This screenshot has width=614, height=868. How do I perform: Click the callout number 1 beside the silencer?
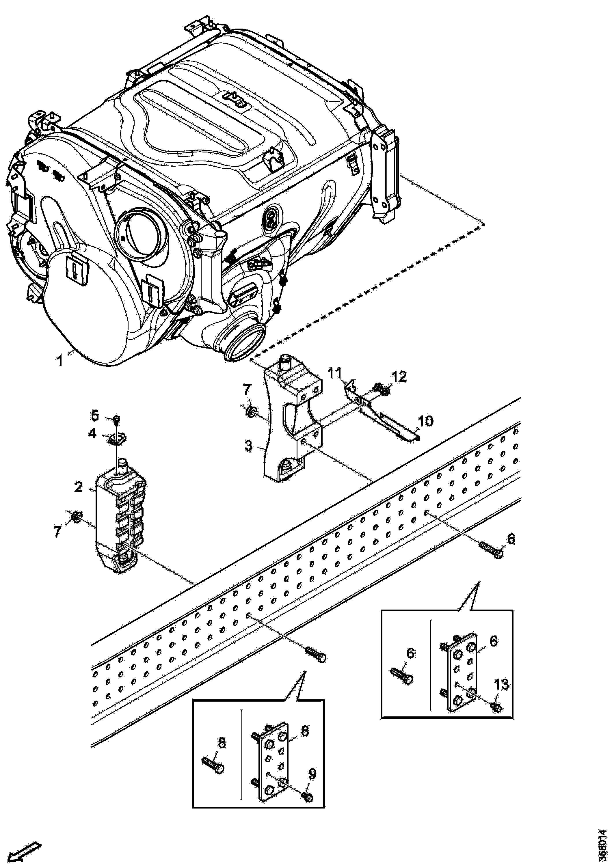[59, 361]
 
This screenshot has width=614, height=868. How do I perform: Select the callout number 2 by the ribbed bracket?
[78, 487]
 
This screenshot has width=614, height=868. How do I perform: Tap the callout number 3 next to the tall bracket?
[248, 446]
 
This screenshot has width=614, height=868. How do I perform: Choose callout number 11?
[334, 374]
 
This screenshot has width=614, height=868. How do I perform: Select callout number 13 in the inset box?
[501, 684]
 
